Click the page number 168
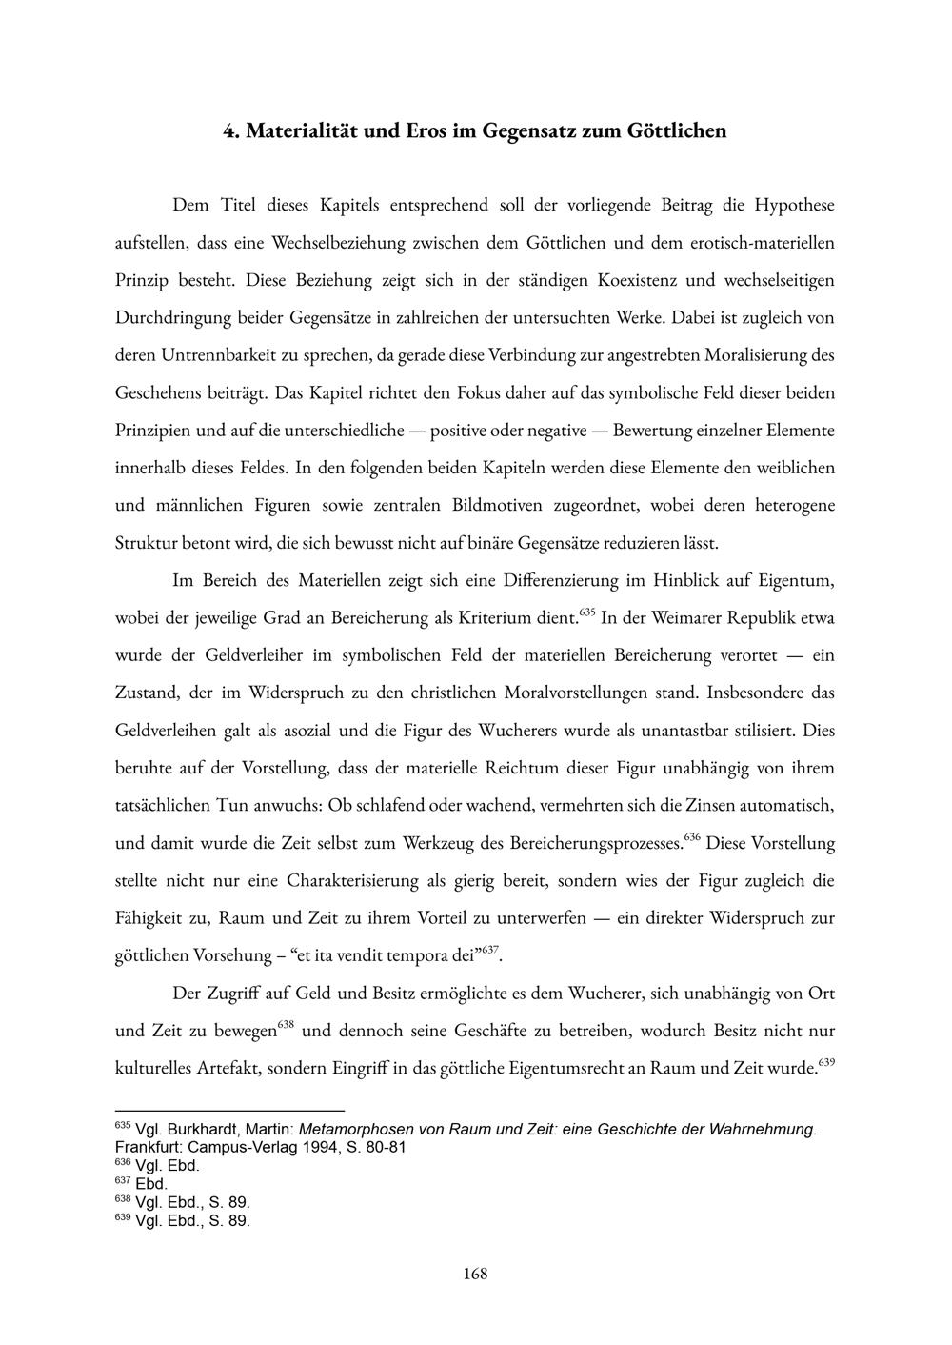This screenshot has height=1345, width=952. click(x=475, y=1273)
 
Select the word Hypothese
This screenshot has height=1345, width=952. click(x=794, y=205)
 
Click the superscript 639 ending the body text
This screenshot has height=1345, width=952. click(x=826, y=1062)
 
